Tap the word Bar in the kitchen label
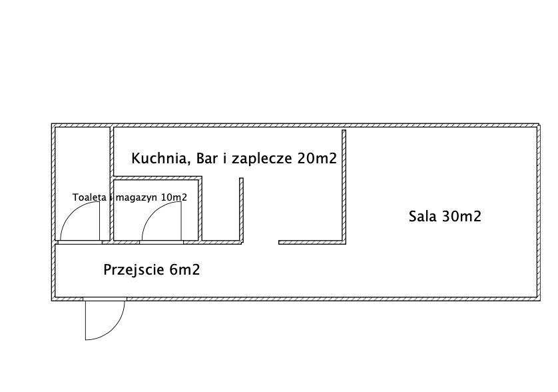[x=207, y=158]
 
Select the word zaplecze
[x=262, y=159]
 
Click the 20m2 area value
[x=317, y=158]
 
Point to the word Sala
[x=422, y=216]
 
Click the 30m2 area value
[x=461, y=216]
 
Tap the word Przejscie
[x=134, y=270]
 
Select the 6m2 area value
[x=184, y=270]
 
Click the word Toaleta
[x=89, y=197]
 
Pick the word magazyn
[x=136, y=198]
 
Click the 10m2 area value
[x=174, y=197]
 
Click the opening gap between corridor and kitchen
[x=260, y=242]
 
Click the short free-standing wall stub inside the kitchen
[x=241, y=210]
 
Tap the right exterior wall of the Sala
[x=539, y=213]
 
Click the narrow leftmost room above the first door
[x=83, y=164]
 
